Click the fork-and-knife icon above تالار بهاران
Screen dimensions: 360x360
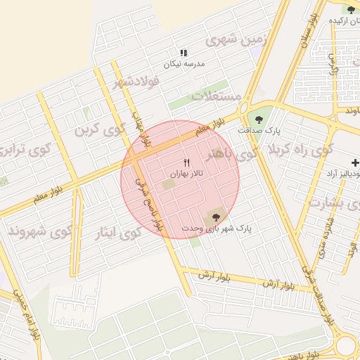click(x=186, y=163)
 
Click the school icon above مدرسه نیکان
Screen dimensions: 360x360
click(x=184, y=53)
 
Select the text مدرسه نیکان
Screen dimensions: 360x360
click(x=184, y=63)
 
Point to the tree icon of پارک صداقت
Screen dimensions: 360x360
click(x=259, y=120)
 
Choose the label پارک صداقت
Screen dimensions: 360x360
click(x=259, y=131)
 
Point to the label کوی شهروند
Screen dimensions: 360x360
click(x=40, y=230)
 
